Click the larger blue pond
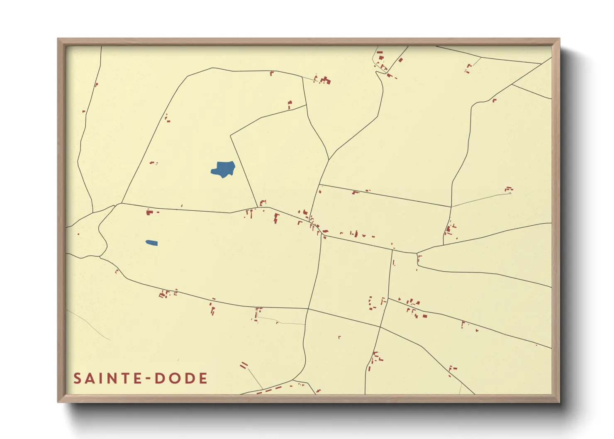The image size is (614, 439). (x=223, y=169)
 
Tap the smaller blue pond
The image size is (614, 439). (x=151, y=243)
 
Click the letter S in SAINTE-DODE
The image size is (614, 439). (x=78, y=378)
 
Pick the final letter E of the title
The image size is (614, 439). (x=203, y=378)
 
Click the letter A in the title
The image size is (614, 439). (x=89, y=378)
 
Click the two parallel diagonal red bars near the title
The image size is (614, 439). (x=244, y=365)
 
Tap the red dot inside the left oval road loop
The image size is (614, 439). (x=78, y=234)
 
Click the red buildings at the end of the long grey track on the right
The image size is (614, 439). (x=509, y=189)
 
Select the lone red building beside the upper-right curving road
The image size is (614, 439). (x=494, y=100)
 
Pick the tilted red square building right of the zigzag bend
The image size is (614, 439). (x=401, y=60)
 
